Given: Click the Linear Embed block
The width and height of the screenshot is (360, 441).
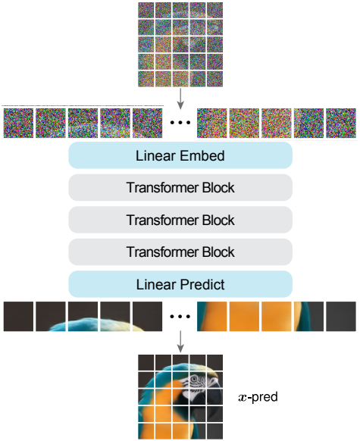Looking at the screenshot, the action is (180, 155).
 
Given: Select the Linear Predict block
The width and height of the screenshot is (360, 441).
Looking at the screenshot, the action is (180, 284).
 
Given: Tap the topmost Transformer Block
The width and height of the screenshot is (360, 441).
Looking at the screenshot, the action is (180, 188).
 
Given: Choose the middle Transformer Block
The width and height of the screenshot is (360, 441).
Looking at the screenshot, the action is (180, 220).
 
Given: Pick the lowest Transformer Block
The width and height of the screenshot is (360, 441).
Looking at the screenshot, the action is (180, 252).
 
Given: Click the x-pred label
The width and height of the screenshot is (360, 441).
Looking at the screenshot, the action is (258, 397).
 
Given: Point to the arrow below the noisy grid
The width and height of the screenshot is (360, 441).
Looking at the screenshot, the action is (180, 99).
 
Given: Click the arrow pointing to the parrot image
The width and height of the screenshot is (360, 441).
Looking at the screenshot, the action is (180, 342).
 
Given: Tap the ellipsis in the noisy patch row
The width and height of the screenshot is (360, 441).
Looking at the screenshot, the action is (180, 122).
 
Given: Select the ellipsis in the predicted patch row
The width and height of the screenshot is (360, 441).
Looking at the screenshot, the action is (180, 317).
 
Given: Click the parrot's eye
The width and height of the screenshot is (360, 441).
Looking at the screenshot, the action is (194, 380).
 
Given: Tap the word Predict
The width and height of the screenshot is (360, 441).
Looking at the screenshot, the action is (202, 285).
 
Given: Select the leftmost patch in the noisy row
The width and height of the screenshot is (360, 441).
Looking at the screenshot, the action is (18, 123).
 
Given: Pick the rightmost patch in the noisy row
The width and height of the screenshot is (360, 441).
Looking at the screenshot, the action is (341, 123).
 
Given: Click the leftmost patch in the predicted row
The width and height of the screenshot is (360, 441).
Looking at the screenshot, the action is (18, 317).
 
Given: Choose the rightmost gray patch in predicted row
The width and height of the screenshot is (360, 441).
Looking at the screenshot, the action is (341, 317).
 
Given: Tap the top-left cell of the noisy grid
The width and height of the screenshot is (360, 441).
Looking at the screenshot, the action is (146, 10).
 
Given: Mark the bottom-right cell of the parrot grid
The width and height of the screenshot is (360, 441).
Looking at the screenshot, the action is (215, 431).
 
